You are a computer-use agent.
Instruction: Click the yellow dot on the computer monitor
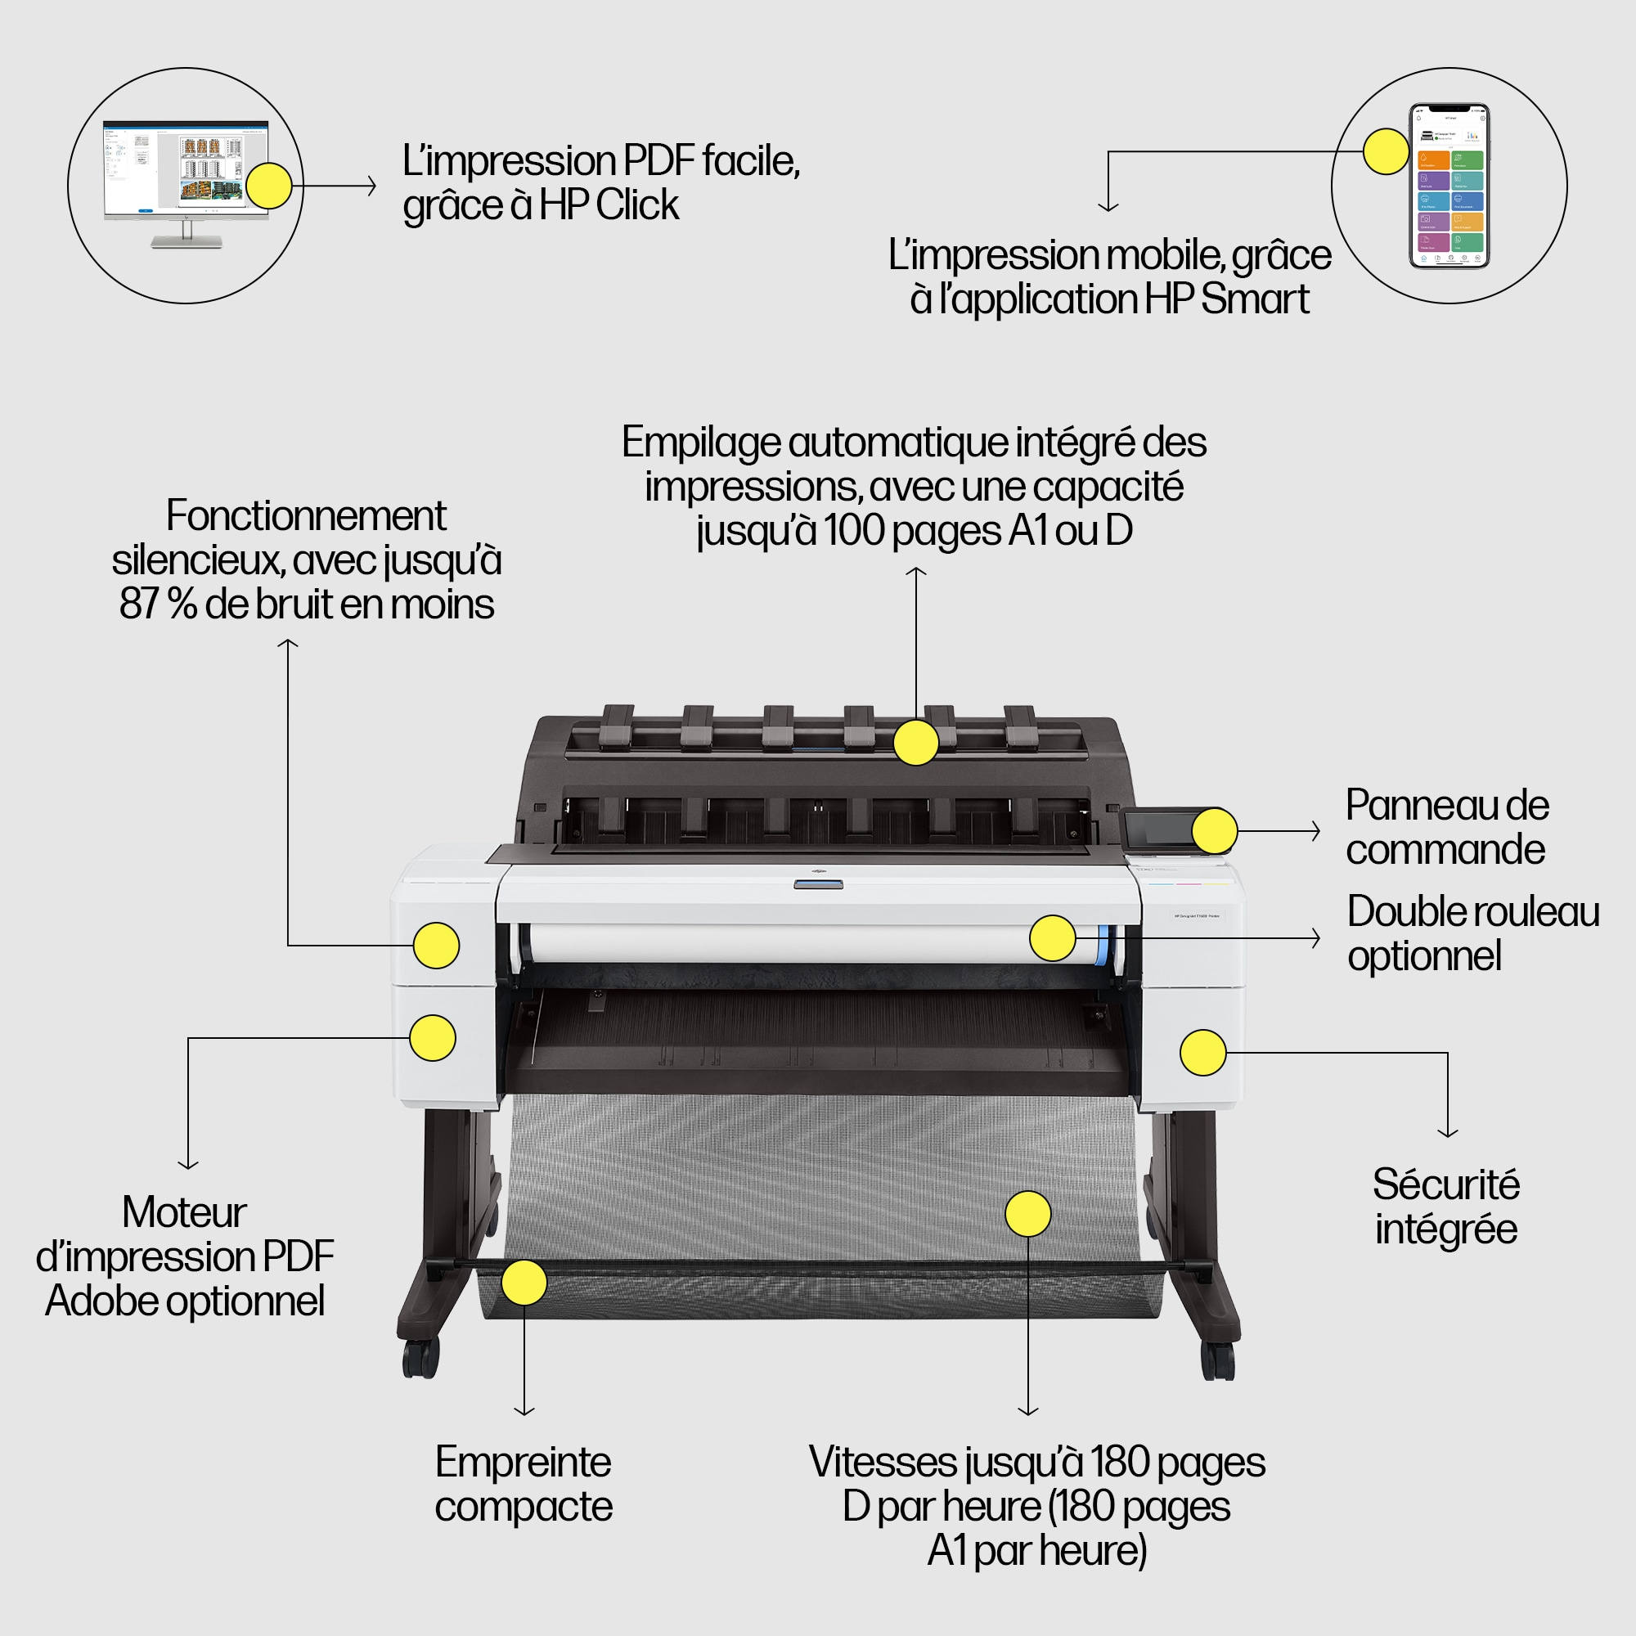tap(268, 186)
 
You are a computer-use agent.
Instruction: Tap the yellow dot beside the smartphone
tap(1387, 151)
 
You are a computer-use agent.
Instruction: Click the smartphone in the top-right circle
tap(1449, 186)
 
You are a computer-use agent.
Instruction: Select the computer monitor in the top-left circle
tap(186, 183)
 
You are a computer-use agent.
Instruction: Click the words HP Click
tap(609, 205)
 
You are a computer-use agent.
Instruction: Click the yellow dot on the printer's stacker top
tap(916, 743)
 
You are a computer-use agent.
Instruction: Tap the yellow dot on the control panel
tap(1214, 831)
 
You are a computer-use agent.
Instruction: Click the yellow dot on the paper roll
tap(1053, 938)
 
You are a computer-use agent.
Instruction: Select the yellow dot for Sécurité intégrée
tap(1203, 1053)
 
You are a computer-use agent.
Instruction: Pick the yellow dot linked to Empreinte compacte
tap(524, 1282)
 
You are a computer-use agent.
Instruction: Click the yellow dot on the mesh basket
tap(1028, 1213)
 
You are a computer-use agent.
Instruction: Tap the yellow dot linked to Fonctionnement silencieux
tap(436, 945)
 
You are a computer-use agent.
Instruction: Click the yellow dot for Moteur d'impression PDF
tap(433, 1038)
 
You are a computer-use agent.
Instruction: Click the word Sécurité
tap(1445, 1184)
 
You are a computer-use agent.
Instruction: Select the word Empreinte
tap(524, 1463)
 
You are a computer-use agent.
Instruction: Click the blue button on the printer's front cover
tap(818, 885)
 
